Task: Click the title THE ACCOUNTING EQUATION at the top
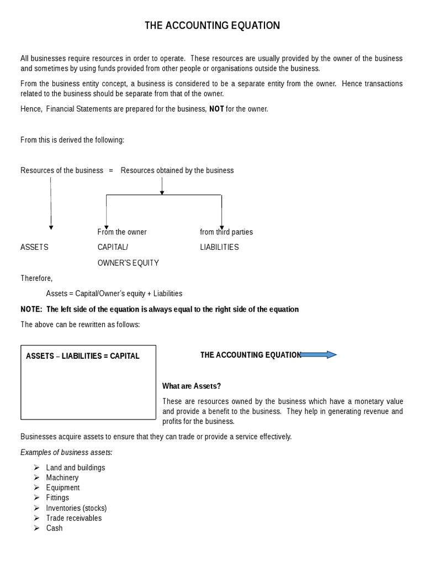pos(212,25)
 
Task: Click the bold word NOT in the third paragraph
pos(216,109)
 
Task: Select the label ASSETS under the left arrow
pos(34,247)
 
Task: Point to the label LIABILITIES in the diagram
pos(219,247)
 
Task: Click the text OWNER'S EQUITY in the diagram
pos(128,263)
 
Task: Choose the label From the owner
pos(122,232)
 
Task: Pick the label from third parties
pos(226,232)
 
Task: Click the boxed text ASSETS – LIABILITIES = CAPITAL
pos(83,356)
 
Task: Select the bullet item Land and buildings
pos(76,467)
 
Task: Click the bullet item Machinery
pos(62,477)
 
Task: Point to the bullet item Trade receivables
pos(74,518)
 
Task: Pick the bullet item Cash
pos(55,528)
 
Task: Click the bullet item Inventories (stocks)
pos(77,508)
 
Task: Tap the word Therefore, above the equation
pos(36,278)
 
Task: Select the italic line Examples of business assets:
pos(66,452)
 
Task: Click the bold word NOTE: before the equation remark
pos(31,309)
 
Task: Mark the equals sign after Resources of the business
pos(112,170)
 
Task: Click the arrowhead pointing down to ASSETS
pos(51,227)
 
